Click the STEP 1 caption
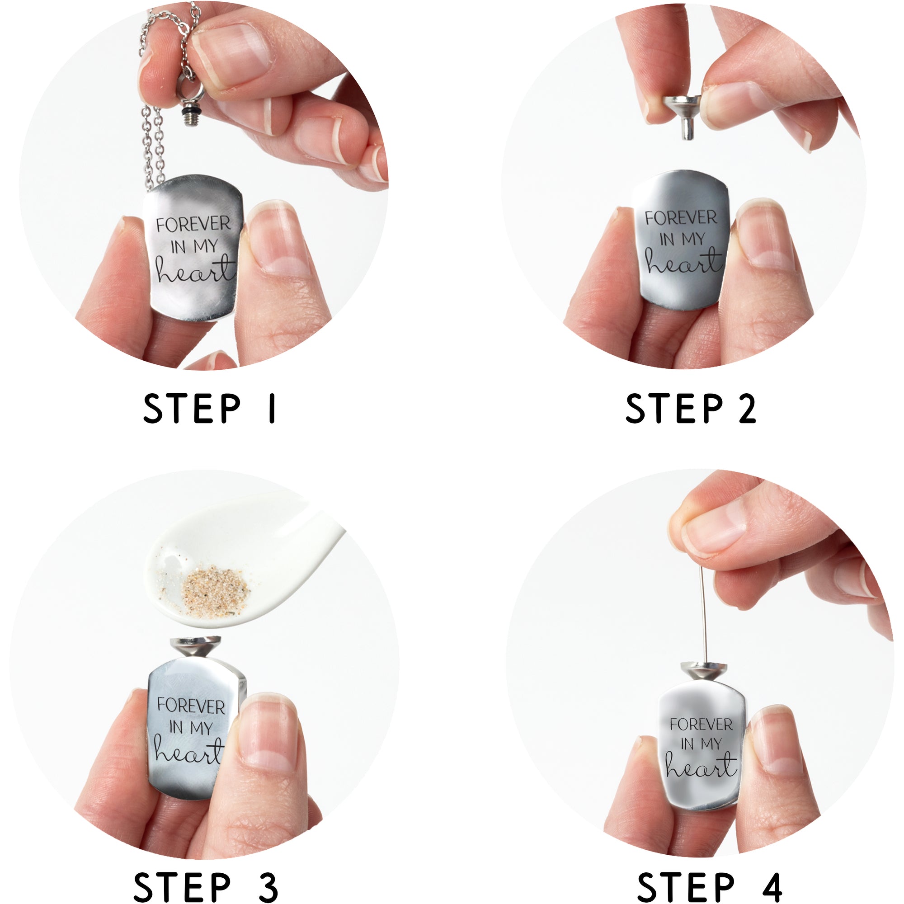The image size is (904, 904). click(210, 409)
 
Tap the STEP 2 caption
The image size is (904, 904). click(691, 409)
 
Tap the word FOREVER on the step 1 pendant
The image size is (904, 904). click(194, 224)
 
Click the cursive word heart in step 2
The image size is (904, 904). click(683, 263)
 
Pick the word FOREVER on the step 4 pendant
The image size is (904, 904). click(701, 725)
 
